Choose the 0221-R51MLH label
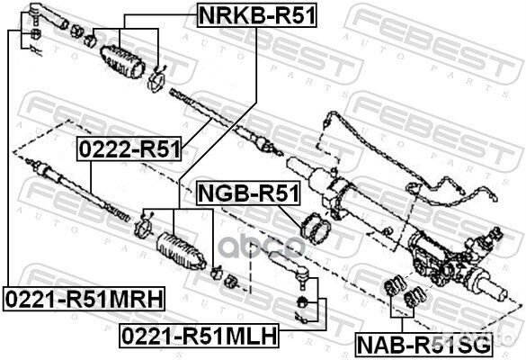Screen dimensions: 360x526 (199, 337)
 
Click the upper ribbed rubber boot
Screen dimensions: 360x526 (123, 58)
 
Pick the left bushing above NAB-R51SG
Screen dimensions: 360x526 (392, 291)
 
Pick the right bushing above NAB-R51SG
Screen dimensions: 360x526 (415, 295)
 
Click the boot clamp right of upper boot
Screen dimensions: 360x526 (156, 82)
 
